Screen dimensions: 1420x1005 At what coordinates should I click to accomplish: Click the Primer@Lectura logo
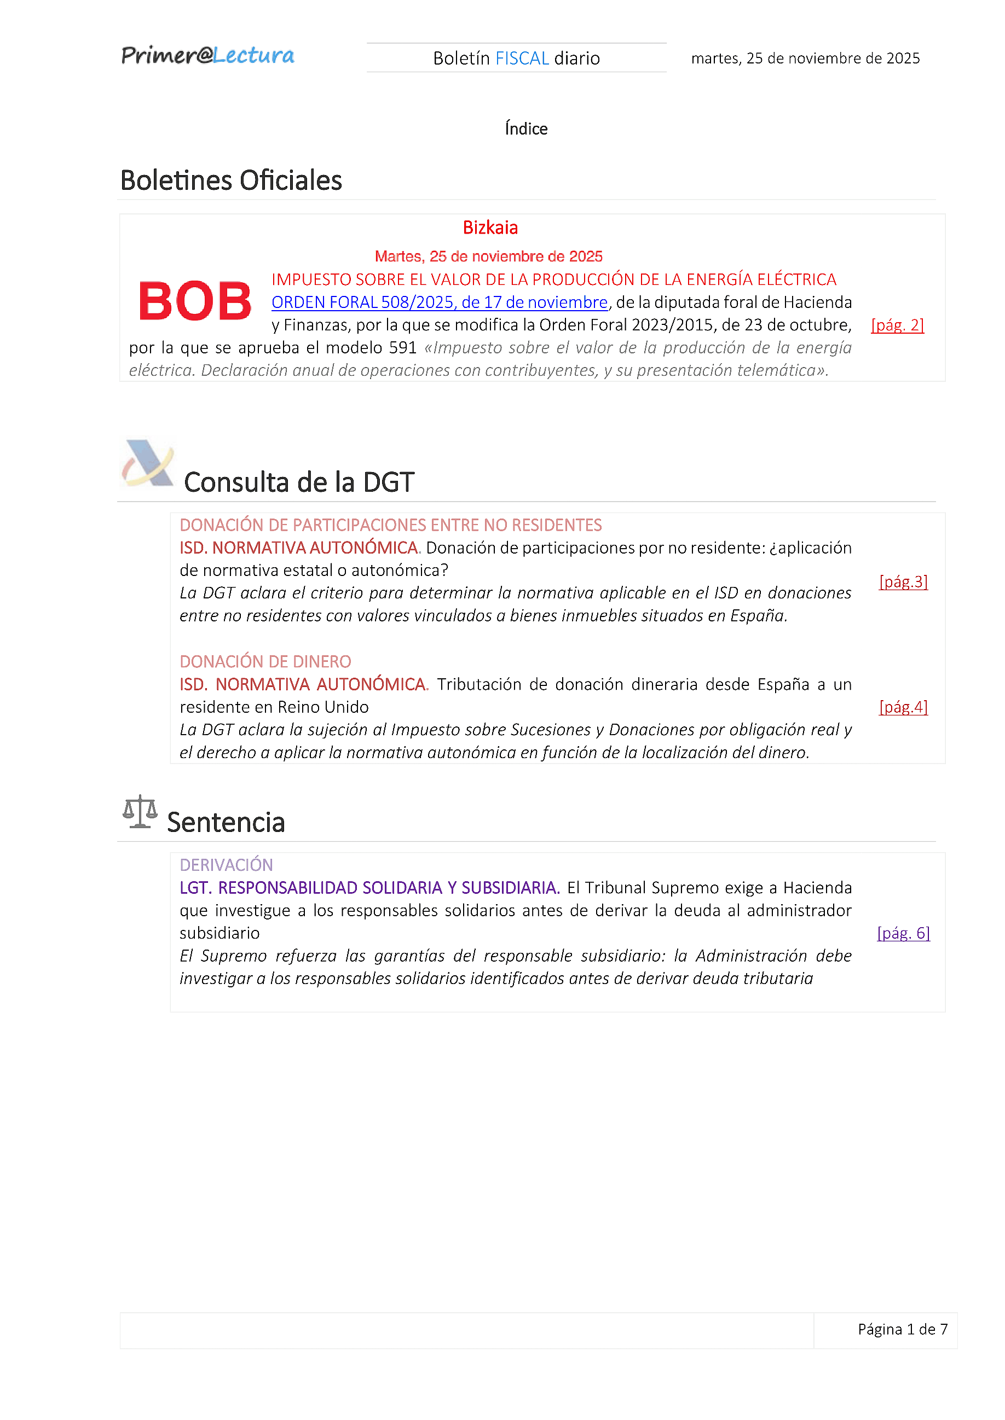[207, 56]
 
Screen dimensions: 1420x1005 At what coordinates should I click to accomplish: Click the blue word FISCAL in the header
[522, 58]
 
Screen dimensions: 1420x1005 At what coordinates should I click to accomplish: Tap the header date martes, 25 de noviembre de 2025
[805, 58]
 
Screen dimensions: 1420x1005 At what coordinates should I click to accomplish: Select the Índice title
[525, 129]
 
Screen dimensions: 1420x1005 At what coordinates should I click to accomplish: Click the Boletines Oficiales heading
[231, 181]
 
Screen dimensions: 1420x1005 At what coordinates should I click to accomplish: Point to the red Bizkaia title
[490, 228]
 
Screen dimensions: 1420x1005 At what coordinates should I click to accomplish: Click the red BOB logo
[195, 301]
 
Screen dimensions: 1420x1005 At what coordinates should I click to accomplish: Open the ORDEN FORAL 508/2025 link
[440, 302]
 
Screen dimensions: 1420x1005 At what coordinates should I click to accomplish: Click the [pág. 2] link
[897, 325]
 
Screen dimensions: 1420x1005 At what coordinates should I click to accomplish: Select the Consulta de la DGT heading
[299, 482]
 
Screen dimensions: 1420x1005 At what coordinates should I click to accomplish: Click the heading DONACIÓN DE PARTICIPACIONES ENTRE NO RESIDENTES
[390, 525]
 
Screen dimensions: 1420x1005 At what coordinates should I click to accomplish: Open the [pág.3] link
[903, 581]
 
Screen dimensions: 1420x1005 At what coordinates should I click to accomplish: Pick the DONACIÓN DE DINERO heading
[265, 662]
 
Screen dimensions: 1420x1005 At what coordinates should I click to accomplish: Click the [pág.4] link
[903, 707]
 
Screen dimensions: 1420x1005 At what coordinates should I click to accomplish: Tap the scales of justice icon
[140, 811]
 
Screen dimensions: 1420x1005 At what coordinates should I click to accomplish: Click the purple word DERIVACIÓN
[226, 865]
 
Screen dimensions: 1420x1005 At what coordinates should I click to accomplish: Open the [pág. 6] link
[903, 933]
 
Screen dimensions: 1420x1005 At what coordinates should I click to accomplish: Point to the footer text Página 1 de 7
[902, 1329]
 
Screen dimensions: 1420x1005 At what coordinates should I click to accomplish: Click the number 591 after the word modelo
[403, 347]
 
